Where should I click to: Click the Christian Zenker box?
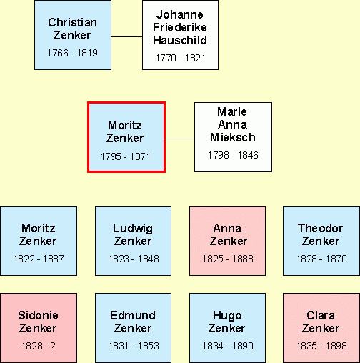73,35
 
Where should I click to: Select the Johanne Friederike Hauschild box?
180,35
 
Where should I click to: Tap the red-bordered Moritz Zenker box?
126,137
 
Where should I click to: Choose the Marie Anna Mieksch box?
233,137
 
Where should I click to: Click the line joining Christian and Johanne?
126,36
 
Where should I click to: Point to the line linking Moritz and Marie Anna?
180,139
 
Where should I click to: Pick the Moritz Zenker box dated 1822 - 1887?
39,241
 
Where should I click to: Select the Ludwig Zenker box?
133,241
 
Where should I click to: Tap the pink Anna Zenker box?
227,241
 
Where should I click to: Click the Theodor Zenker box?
321,241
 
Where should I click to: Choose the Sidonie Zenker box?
39,328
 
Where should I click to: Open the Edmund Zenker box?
133,328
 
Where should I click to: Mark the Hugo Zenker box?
227,328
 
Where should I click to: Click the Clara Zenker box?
321,328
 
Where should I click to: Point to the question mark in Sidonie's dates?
53,346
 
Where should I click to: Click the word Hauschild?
180,40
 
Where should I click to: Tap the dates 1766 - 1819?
72,53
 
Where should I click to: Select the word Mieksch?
233,137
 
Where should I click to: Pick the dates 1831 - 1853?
134,346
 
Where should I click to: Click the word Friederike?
180,27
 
